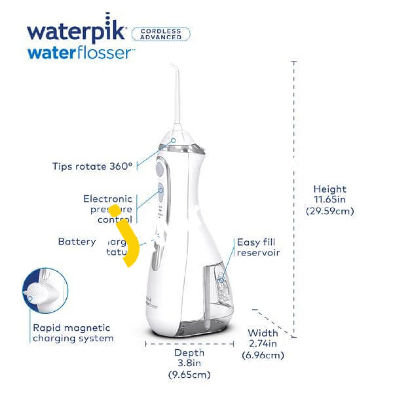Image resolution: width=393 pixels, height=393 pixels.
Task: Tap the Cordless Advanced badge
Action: [161, 34]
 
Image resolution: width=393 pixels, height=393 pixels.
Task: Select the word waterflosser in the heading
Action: [81, 53]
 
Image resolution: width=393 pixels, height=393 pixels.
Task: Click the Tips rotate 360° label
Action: [93, 166]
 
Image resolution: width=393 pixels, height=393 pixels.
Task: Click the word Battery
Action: [77, 242]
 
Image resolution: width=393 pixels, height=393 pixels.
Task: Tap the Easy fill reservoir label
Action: [258, 247]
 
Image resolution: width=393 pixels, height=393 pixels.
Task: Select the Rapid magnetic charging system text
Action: [73, 333]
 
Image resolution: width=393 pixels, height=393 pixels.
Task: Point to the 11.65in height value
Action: [330, 200]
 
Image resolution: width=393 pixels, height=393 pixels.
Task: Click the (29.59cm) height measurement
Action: [330, 211]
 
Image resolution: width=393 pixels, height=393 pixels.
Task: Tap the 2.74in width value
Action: [263, 344]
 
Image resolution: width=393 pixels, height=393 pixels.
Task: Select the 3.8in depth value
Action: [189, 363]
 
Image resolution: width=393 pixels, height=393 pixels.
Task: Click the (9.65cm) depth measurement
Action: [189, 374]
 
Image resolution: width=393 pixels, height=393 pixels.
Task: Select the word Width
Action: [263, 333]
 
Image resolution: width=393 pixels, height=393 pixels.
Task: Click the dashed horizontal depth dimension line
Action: [189, 344]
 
